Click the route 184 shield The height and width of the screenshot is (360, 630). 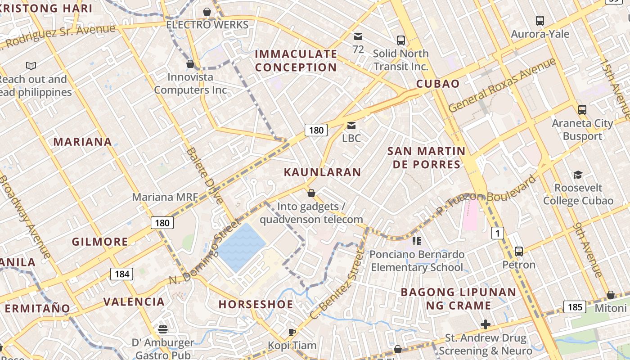[x=121, y=274]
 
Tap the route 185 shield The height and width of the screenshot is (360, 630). [x=575, y=307]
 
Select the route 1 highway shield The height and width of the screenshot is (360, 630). [x=497, y=233]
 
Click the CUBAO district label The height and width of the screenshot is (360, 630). [x=438, y=84]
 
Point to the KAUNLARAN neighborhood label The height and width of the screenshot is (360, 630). [x=322, y=172]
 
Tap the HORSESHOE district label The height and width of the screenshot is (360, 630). [x=256, y=304]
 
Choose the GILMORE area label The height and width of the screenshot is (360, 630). [x=100, y=242]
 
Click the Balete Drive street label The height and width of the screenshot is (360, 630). [x=205, y=175]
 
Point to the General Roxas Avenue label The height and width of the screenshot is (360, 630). [x=502, y=85]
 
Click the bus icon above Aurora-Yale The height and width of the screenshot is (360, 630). [x=540, y=21]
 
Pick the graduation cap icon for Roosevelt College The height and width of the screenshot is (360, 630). [x=578, y=175]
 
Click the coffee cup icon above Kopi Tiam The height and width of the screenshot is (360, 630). [x=292, y=332]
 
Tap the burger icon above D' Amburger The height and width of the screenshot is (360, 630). [x=163, y=329]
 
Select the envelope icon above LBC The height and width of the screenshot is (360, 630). [x=351, y=126]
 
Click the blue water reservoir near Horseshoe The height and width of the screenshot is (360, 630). [x=242, y=247]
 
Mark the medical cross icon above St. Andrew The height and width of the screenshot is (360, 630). [x=485, y=324]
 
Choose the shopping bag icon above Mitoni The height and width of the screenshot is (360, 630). [x=611, y=295]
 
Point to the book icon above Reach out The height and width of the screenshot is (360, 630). [x=31, y=66]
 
